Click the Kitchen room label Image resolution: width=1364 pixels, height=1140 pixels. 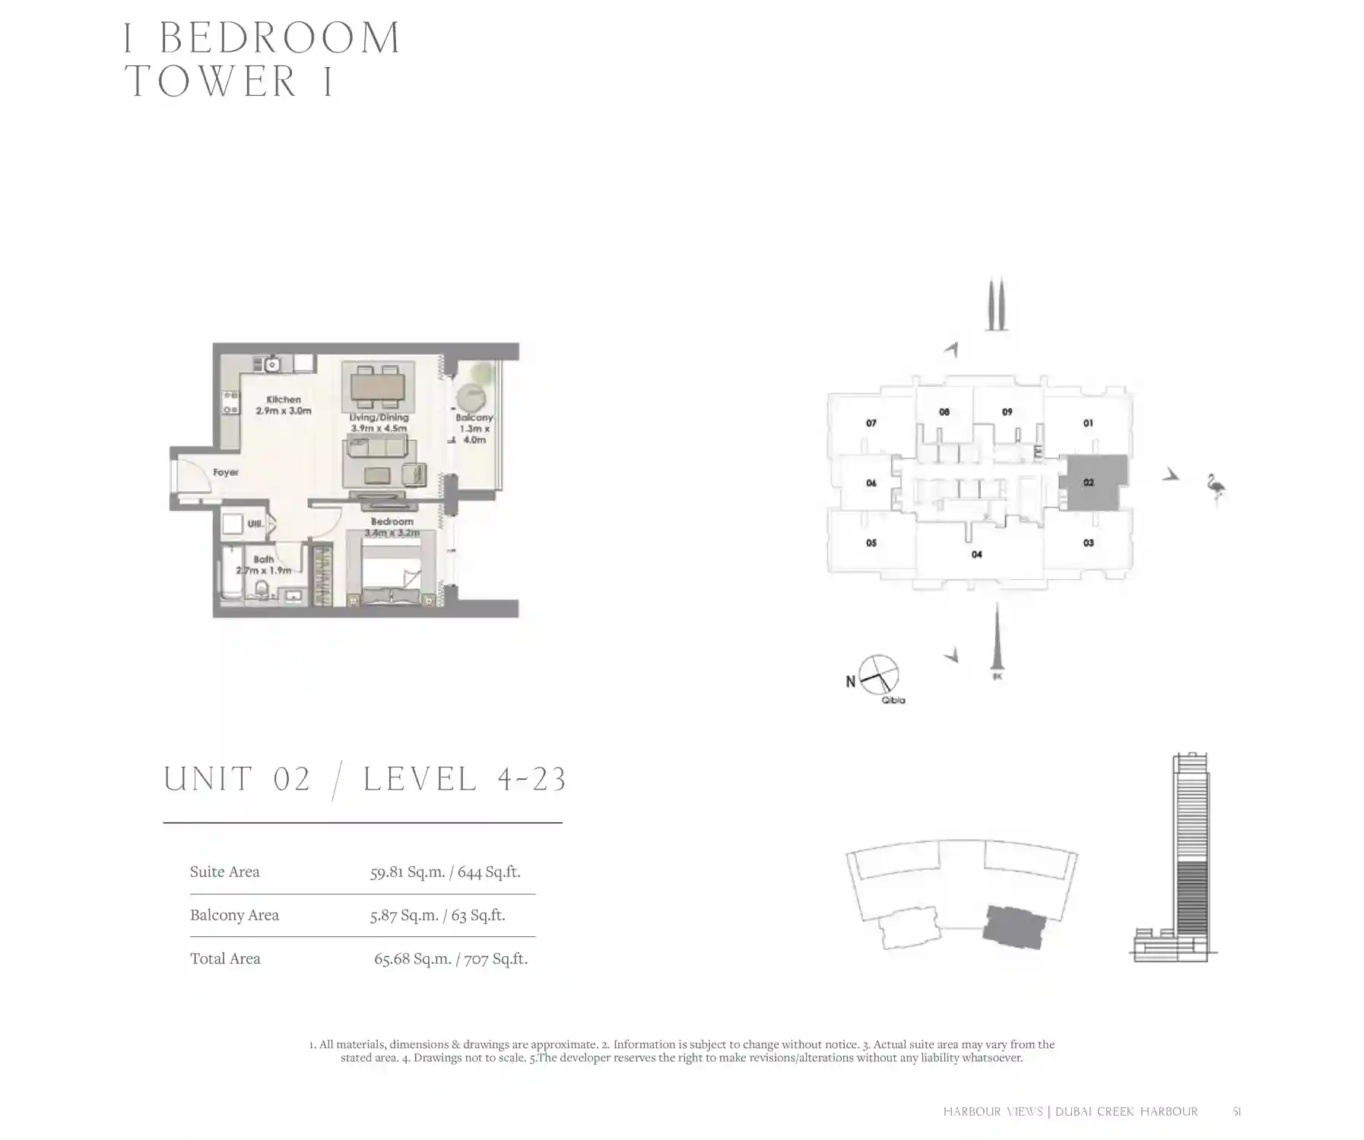[x=284, y=400]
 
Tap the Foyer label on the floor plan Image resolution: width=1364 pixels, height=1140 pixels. [x=226, y=473]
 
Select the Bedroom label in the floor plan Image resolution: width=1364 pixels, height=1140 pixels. [x=392, y=522]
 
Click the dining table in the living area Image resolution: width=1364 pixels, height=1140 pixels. [x=378, y=388]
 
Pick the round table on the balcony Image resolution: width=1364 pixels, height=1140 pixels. [x=471, y=399]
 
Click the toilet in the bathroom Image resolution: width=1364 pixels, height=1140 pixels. [x=262, y=589]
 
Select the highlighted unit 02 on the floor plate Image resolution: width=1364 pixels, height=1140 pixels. [x=1093, y=483]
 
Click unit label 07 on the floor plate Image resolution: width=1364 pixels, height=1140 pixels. [x=871, y=423]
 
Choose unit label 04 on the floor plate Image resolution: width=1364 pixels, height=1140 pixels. [x=977, y=555]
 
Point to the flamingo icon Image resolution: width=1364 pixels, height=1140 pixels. [x=1216, y=488]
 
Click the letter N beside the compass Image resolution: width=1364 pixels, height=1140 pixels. [x=851, y=682]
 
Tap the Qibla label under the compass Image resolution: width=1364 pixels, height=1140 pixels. [x=893, y=701]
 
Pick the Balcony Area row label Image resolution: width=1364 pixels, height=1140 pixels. [x=234, y=916]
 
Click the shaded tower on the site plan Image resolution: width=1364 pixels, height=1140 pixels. [x=1014, y=926]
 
